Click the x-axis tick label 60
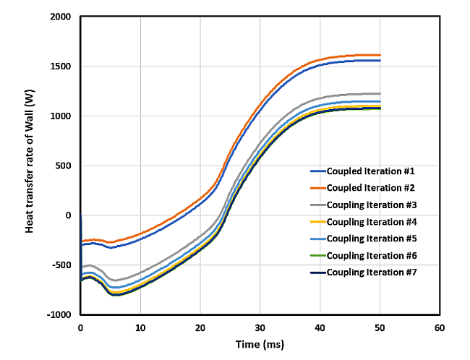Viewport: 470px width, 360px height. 439,327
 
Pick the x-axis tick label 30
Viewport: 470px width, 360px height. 260,327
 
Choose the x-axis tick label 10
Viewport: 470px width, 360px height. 140,327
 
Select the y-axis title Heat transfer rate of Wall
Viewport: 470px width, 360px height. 30,166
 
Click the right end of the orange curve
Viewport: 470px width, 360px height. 380,55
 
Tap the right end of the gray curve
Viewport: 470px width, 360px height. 380,93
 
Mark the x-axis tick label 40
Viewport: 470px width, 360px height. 320,327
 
